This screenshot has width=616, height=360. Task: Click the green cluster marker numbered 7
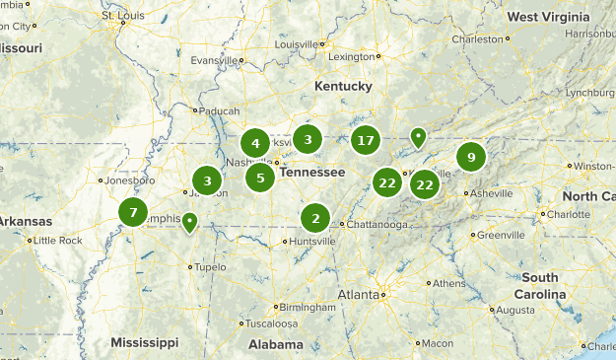click(x=133, y=212)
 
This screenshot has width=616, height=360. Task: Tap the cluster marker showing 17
click(x=366, y=140)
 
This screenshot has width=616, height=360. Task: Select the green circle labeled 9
click(x=472, y=157)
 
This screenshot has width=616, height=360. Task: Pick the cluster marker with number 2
click(x=315, y=218)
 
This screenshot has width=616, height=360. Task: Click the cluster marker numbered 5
click(x=260, y=178)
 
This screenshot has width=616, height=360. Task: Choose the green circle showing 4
click(x=255, y=143)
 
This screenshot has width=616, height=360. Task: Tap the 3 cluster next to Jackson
click(x=207, y=180)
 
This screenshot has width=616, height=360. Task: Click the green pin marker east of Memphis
click(x=189, y=223)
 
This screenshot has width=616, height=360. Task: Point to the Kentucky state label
click(x=343, y=87)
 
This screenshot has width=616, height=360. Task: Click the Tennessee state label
click(x=312, y=172)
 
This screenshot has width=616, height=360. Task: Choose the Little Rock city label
click(x=56, y=240)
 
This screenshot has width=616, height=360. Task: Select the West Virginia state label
click(x=549, y=17)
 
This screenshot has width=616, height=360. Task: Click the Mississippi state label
click(x=145, y=342)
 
